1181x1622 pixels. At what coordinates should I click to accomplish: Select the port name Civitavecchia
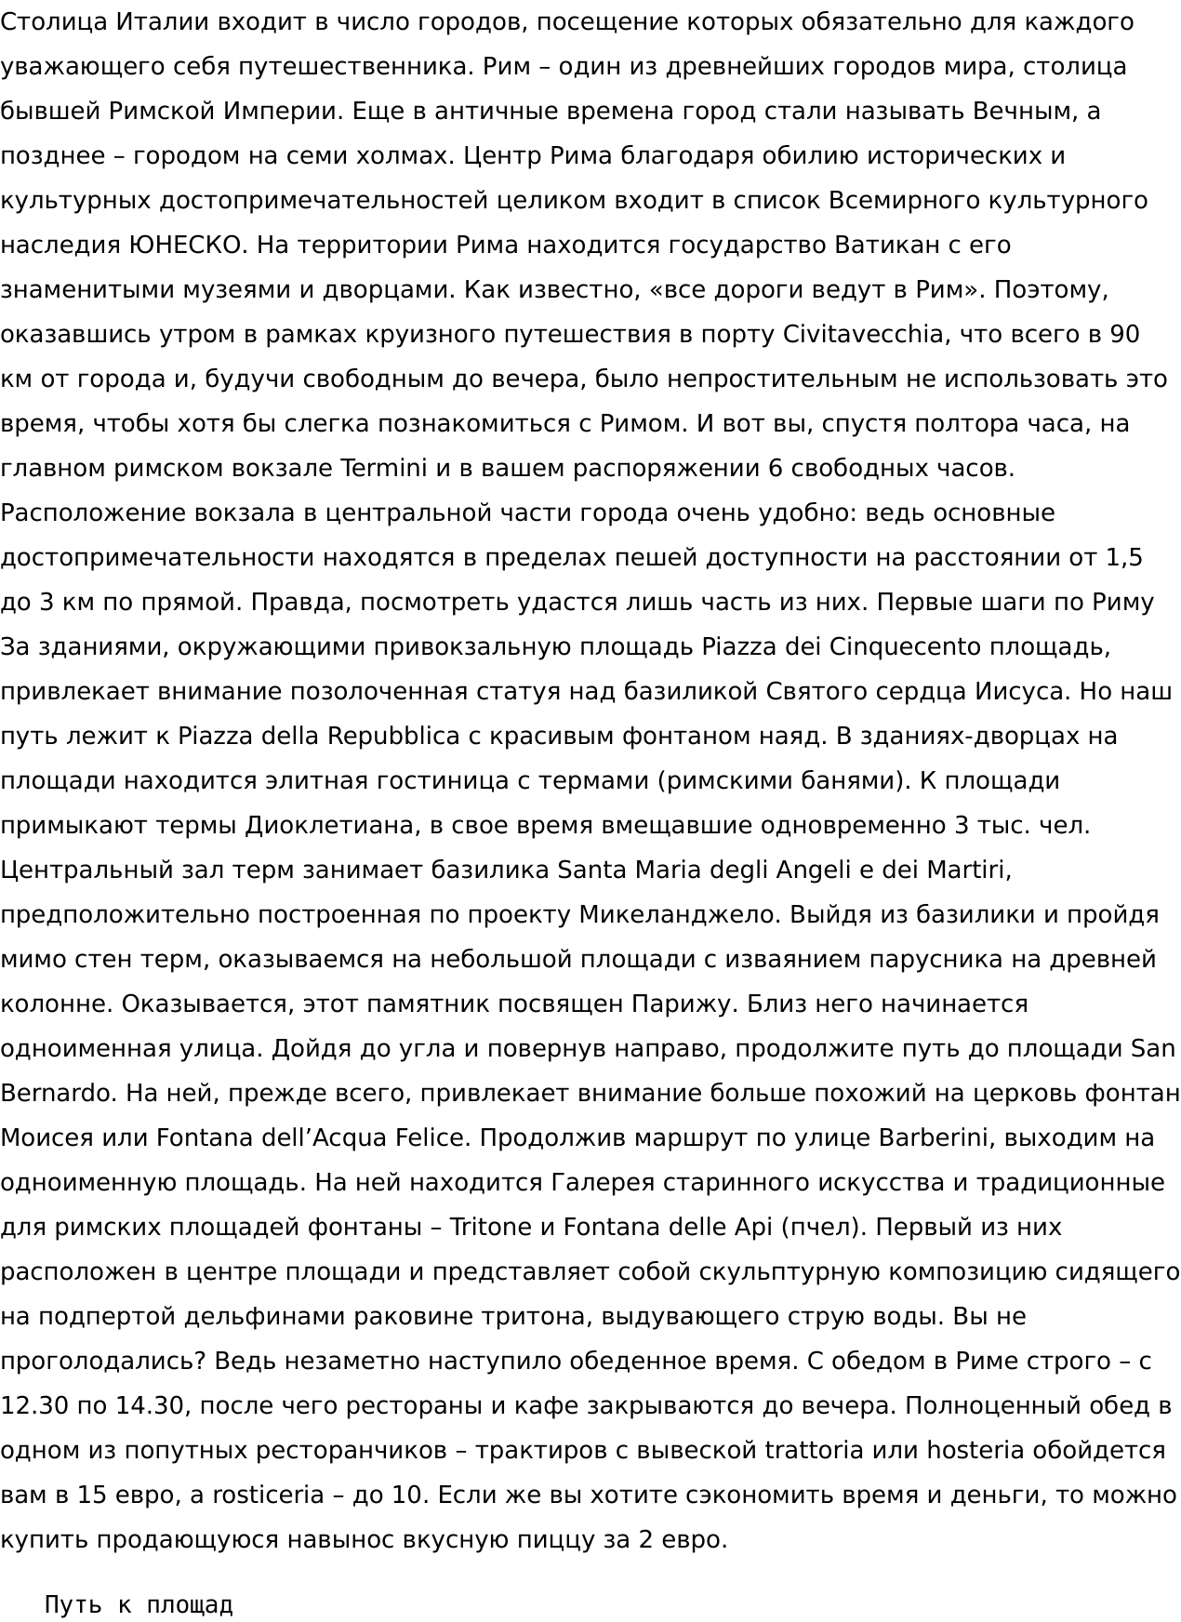tap(863, 335)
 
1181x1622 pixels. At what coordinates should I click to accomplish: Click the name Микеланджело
tap(679, 915)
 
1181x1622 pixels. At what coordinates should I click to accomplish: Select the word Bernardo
tap(56, 1094)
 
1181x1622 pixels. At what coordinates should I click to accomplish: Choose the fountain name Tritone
tap(490, 1228)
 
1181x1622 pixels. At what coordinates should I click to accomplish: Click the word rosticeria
tap(269, 1496)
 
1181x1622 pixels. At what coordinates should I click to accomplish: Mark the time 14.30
tap(150, 1406)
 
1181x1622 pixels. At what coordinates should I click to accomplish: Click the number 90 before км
tap(1123, 335)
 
